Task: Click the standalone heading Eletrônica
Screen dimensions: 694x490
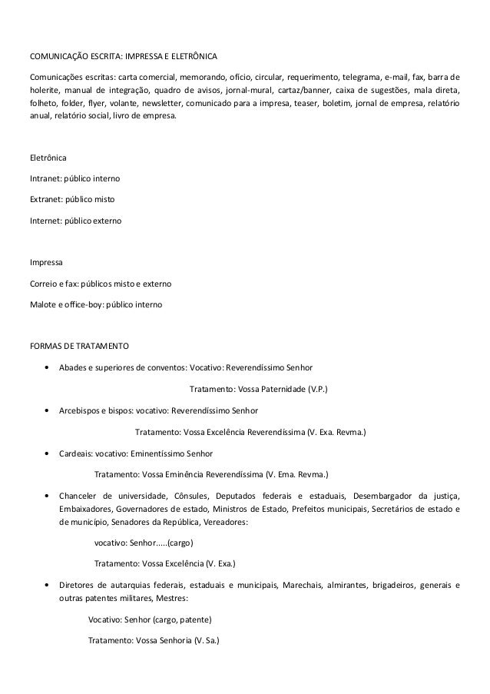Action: coord(48,158)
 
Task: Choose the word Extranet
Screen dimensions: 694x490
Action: coord(45,199)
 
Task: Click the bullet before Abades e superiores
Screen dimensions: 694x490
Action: coord(49,368)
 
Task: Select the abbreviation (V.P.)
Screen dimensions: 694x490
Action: coord(316,390)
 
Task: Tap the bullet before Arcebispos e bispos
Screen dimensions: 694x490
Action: coord(49,410)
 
